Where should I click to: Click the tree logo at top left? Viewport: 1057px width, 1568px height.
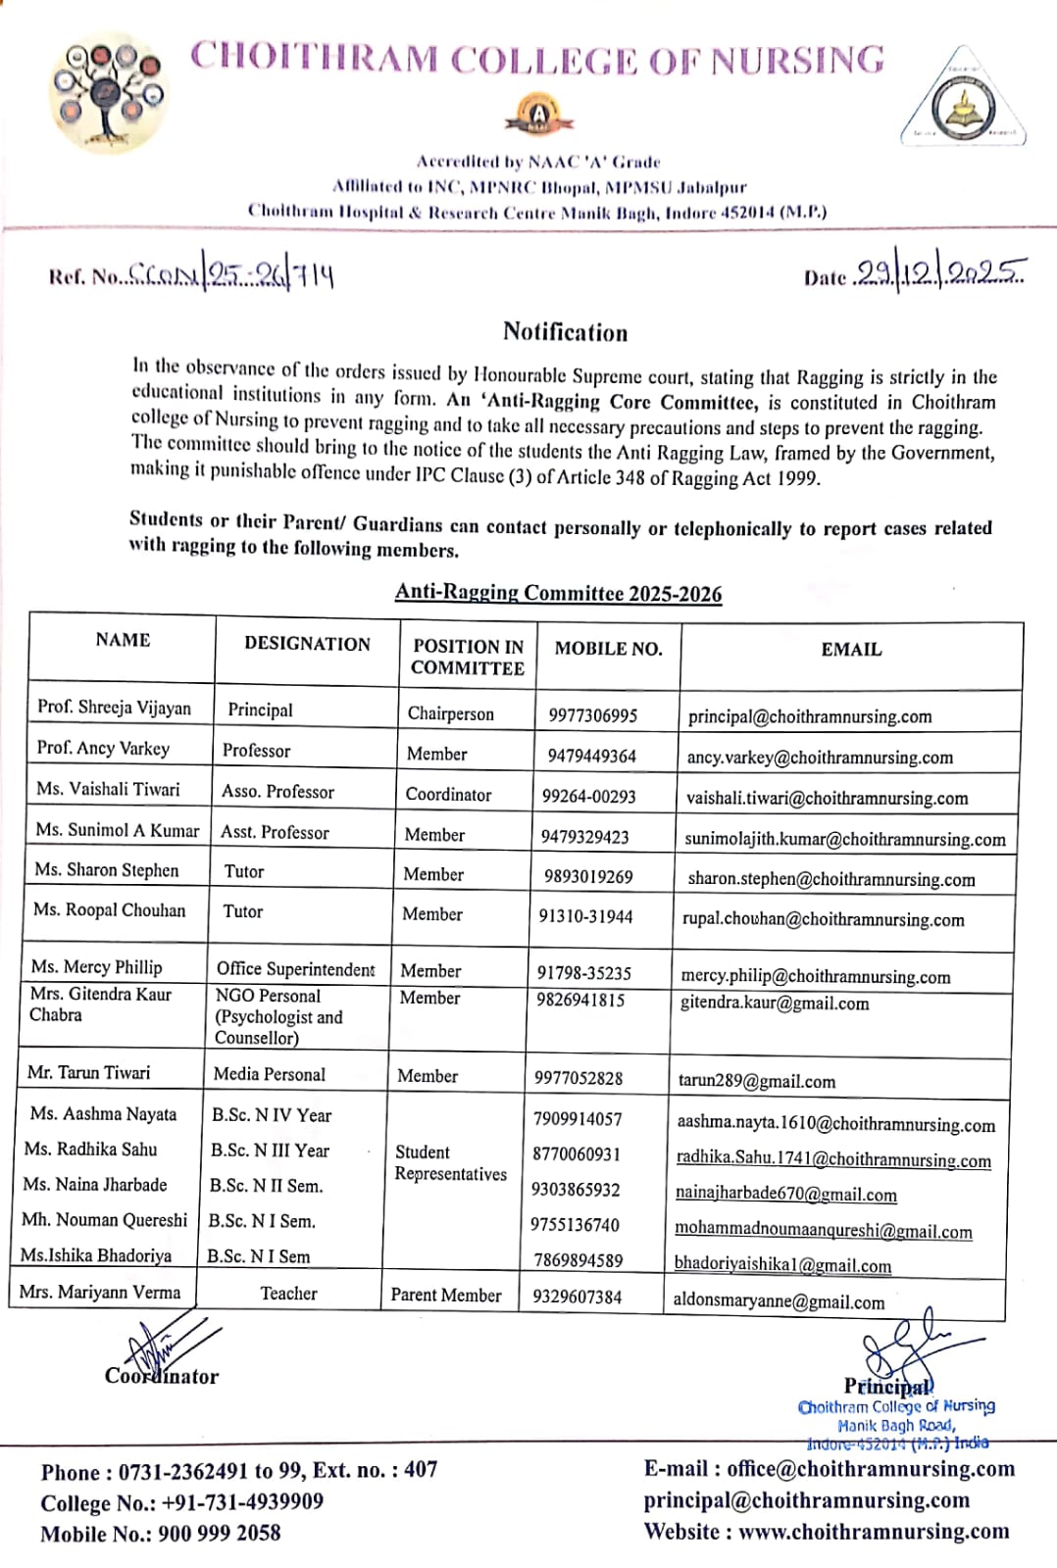point(108,95)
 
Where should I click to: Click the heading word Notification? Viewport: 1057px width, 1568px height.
point(565,332)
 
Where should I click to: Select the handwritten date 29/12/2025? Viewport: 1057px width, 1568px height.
point(938,273)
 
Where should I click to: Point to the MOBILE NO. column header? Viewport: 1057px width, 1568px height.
point(608,649)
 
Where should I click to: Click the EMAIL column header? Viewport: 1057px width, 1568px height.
point(851,650)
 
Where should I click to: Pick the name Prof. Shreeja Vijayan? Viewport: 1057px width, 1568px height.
point(114,708)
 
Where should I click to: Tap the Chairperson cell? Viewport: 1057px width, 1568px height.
point(450,713)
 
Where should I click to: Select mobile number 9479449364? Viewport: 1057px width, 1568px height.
point(591,756)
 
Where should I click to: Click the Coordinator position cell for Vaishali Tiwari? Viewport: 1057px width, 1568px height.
point(448,795)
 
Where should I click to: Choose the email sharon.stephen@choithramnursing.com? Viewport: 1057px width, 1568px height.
point(830,879)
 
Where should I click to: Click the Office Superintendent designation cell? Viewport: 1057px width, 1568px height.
point(295,969)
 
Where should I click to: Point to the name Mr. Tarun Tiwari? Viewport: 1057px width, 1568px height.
point(88,1072)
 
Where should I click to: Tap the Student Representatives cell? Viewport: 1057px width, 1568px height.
point(450,1163)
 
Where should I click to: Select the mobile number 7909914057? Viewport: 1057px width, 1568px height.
point(577,1119)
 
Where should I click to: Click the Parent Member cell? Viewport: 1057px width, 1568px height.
point(445,1295)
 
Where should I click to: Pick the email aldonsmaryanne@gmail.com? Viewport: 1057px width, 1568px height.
point(779,1302)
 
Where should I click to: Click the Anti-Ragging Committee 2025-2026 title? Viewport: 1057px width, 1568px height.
point(558,593)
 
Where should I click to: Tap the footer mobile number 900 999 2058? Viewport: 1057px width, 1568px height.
point(219,1534)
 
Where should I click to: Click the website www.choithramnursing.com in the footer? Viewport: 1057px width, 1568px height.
point(873,1532)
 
